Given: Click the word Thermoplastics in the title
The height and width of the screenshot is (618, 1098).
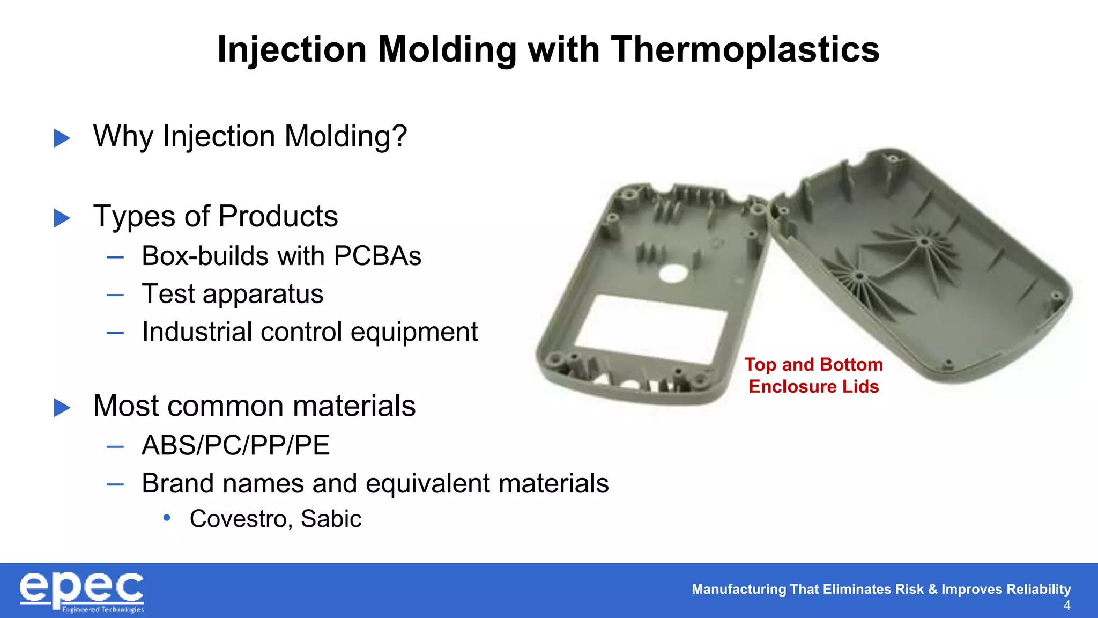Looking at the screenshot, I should [x=745, y=50].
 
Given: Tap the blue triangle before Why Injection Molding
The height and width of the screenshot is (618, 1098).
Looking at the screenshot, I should [x=62, y=138].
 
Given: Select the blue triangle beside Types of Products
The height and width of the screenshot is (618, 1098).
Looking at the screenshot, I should [x=62, y=218].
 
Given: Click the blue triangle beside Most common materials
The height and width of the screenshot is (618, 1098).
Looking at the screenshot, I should [x=62, y=408].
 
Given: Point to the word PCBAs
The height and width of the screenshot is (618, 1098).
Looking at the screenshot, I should [x=377, y=256].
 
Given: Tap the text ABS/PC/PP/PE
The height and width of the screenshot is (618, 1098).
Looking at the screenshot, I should [x=235, y=446].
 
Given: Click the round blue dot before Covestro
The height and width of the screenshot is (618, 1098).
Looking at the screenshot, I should [x=167, y=518].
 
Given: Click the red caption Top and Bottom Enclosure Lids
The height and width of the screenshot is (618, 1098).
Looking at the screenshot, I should [x=813, y=376].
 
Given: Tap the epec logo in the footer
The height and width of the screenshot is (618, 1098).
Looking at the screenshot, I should [x=82, y=591].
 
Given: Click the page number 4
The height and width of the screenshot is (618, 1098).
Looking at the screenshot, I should [x=1066, y=606].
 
